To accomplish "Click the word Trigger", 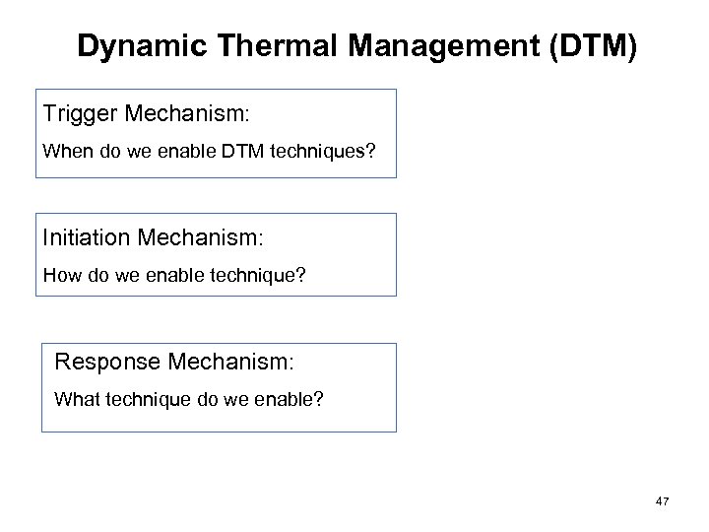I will pyautogui.click(x=81, y=114).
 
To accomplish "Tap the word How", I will pyautogui.click(x=58, y=276).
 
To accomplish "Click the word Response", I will pyautogui.click(x=108, y=362).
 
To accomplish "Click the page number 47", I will pyautogui.click(x=662, y=502).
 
